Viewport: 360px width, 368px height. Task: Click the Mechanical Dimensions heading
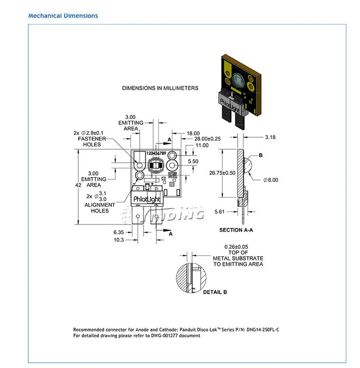point(63,16)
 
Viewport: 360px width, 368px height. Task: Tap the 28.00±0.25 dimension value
point(207,139)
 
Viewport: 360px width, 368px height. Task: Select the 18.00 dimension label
point(193,133)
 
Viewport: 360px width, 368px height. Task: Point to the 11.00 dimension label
point(202,145)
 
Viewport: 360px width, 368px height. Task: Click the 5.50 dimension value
point(193,161)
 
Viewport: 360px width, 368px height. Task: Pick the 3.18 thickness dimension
point(270,137)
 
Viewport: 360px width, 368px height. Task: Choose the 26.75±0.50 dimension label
point(222,173)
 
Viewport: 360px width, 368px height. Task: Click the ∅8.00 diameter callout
point(271,180)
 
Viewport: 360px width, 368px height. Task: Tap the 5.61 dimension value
point(219,212)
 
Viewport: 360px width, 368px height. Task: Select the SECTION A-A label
point(236,230)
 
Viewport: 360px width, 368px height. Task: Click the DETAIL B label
point(215,292)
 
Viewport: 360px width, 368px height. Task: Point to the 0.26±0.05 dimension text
point(236,247)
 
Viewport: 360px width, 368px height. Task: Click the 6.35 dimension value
point(119,232)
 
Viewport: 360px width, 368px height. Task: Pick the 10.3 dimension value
point(119,240)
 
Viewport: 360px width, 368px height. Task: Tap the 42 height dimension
point(78,185)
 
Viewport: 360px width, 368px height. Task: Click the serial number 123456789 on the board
point(156,153)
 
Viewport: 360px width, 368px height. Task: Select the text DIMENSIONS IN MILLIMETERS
point(160,88)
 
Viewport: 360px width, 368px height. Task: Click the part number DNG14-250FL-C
point(263,330)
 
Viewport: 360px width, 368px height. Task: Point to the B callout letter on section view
point(261,155)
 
